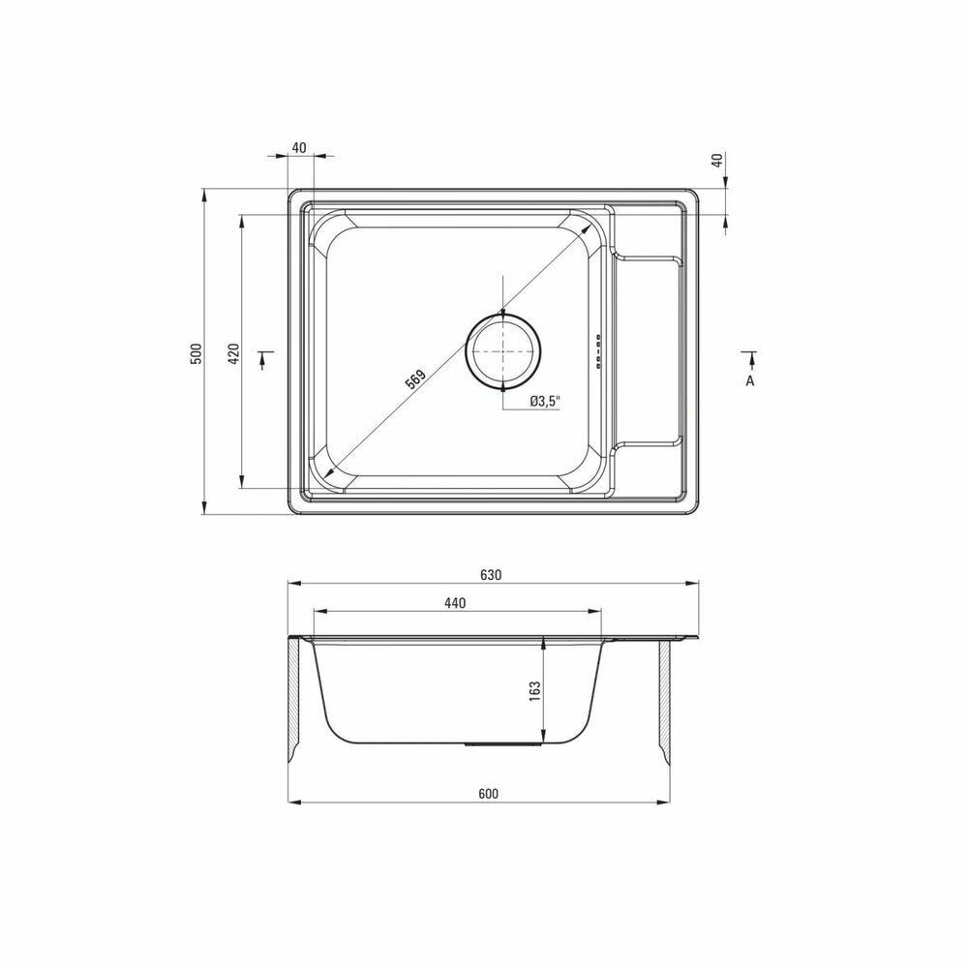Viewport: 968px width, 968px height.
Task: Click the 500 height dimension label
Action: point(196,352)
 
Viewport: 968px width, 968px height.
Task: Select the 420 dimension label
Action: point(233,352)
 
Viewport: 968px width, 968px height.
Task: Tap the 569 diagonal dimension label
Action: point(415,379)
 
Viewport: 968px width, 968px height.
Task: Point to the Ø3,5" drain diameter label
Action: point(544,402)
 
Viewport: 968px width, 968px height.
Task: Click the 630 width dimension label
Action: point(491,575)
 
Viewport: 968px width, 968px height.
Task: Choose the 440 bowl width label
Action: point(455,603)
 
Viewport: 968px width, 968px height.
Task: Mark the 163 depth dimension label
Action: point(534,690)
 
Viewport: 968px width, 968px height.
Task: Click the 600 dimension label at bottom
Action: point(488,794)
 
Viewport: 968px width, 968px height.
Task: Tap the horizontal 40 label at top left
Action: point(299,148)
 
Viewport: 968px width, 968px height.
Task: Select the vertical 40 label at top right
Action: point(716,160)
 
